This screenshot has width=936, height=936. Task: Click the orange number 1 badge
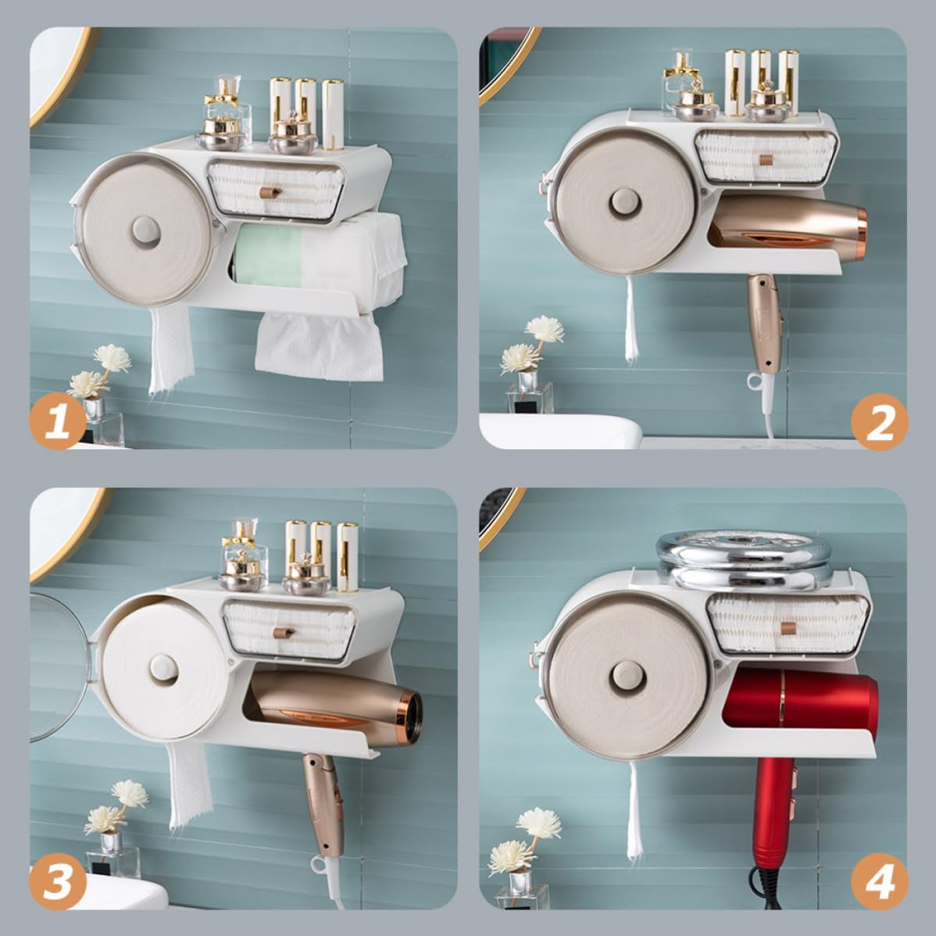58,421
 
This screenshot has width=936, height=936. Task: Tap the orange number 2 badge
879,422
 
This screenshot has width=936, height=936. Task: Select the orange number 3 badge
58,881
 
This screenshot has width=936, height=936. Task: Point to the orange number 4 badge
879,881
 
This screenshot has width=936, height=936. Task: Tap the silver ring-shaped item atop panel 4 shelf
744,559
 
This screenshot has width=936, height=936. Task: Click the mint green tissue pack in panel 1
267,255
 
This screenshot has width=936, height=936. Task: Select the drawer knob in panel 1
270,192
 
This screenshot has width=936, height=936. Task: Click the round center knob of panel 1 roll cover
145,231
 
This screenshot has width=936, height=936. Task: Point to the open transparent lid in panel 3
59,666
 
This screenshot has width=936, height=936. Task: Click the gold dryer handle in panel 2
763,323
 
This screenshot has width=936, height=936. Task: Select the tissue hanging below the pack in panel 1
319,347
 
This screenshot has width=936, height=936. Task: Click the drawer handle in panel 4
788,628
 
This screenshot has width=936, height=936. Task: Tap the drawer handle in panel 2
766,159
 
